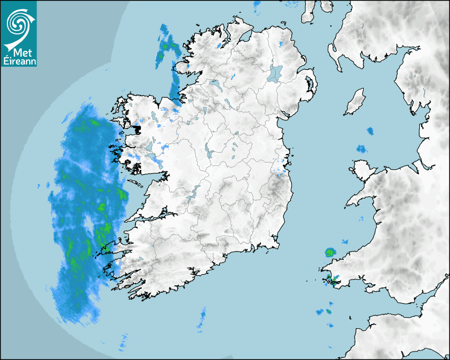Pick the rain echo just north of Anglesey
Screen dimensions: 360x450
coord(362,149)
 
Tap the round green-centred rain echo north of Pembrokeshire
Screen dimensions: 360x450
coord(331,252)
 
